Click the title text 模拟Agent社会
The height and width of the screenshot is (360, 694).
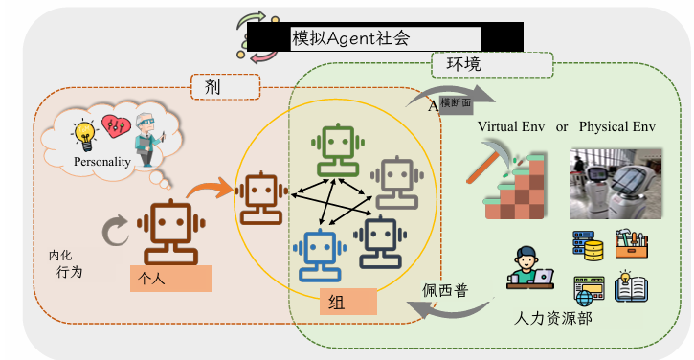pos(350,38)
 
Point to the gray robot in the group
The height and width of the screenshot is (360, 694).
pos(394,181)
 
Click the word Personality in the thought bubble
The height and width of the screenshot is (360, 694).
pos(101,162)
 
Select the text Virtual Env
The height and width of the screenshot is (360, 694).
pos(510,126)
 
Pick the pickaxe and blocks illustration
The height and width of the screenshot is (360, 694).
pos(504,184)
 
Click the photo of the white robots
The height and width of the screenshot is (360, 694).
pos(616,183)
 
